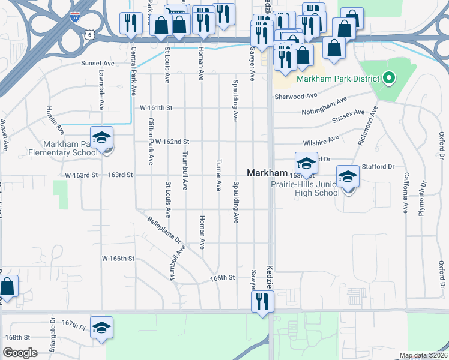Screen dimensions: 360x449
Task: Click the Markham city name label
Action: tap(267, 172)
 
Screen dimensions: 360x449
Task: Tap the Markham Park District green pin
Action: tap(388, 79)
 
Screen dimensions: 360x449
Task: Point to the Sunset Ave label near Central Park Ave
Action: tap(98, 62)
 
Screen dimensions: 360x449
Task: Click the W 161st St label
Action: tap(156, 108)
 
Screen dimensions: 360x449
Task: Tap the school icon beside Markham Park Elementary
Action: tap(102, 137)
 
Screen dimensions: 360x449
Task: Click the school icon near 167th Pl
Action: tap(102, 327)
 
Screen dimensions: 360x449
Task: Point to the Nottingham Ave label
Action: tap(324, 107)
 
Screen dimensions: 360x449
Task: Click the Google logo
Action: tap(20, 353)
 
